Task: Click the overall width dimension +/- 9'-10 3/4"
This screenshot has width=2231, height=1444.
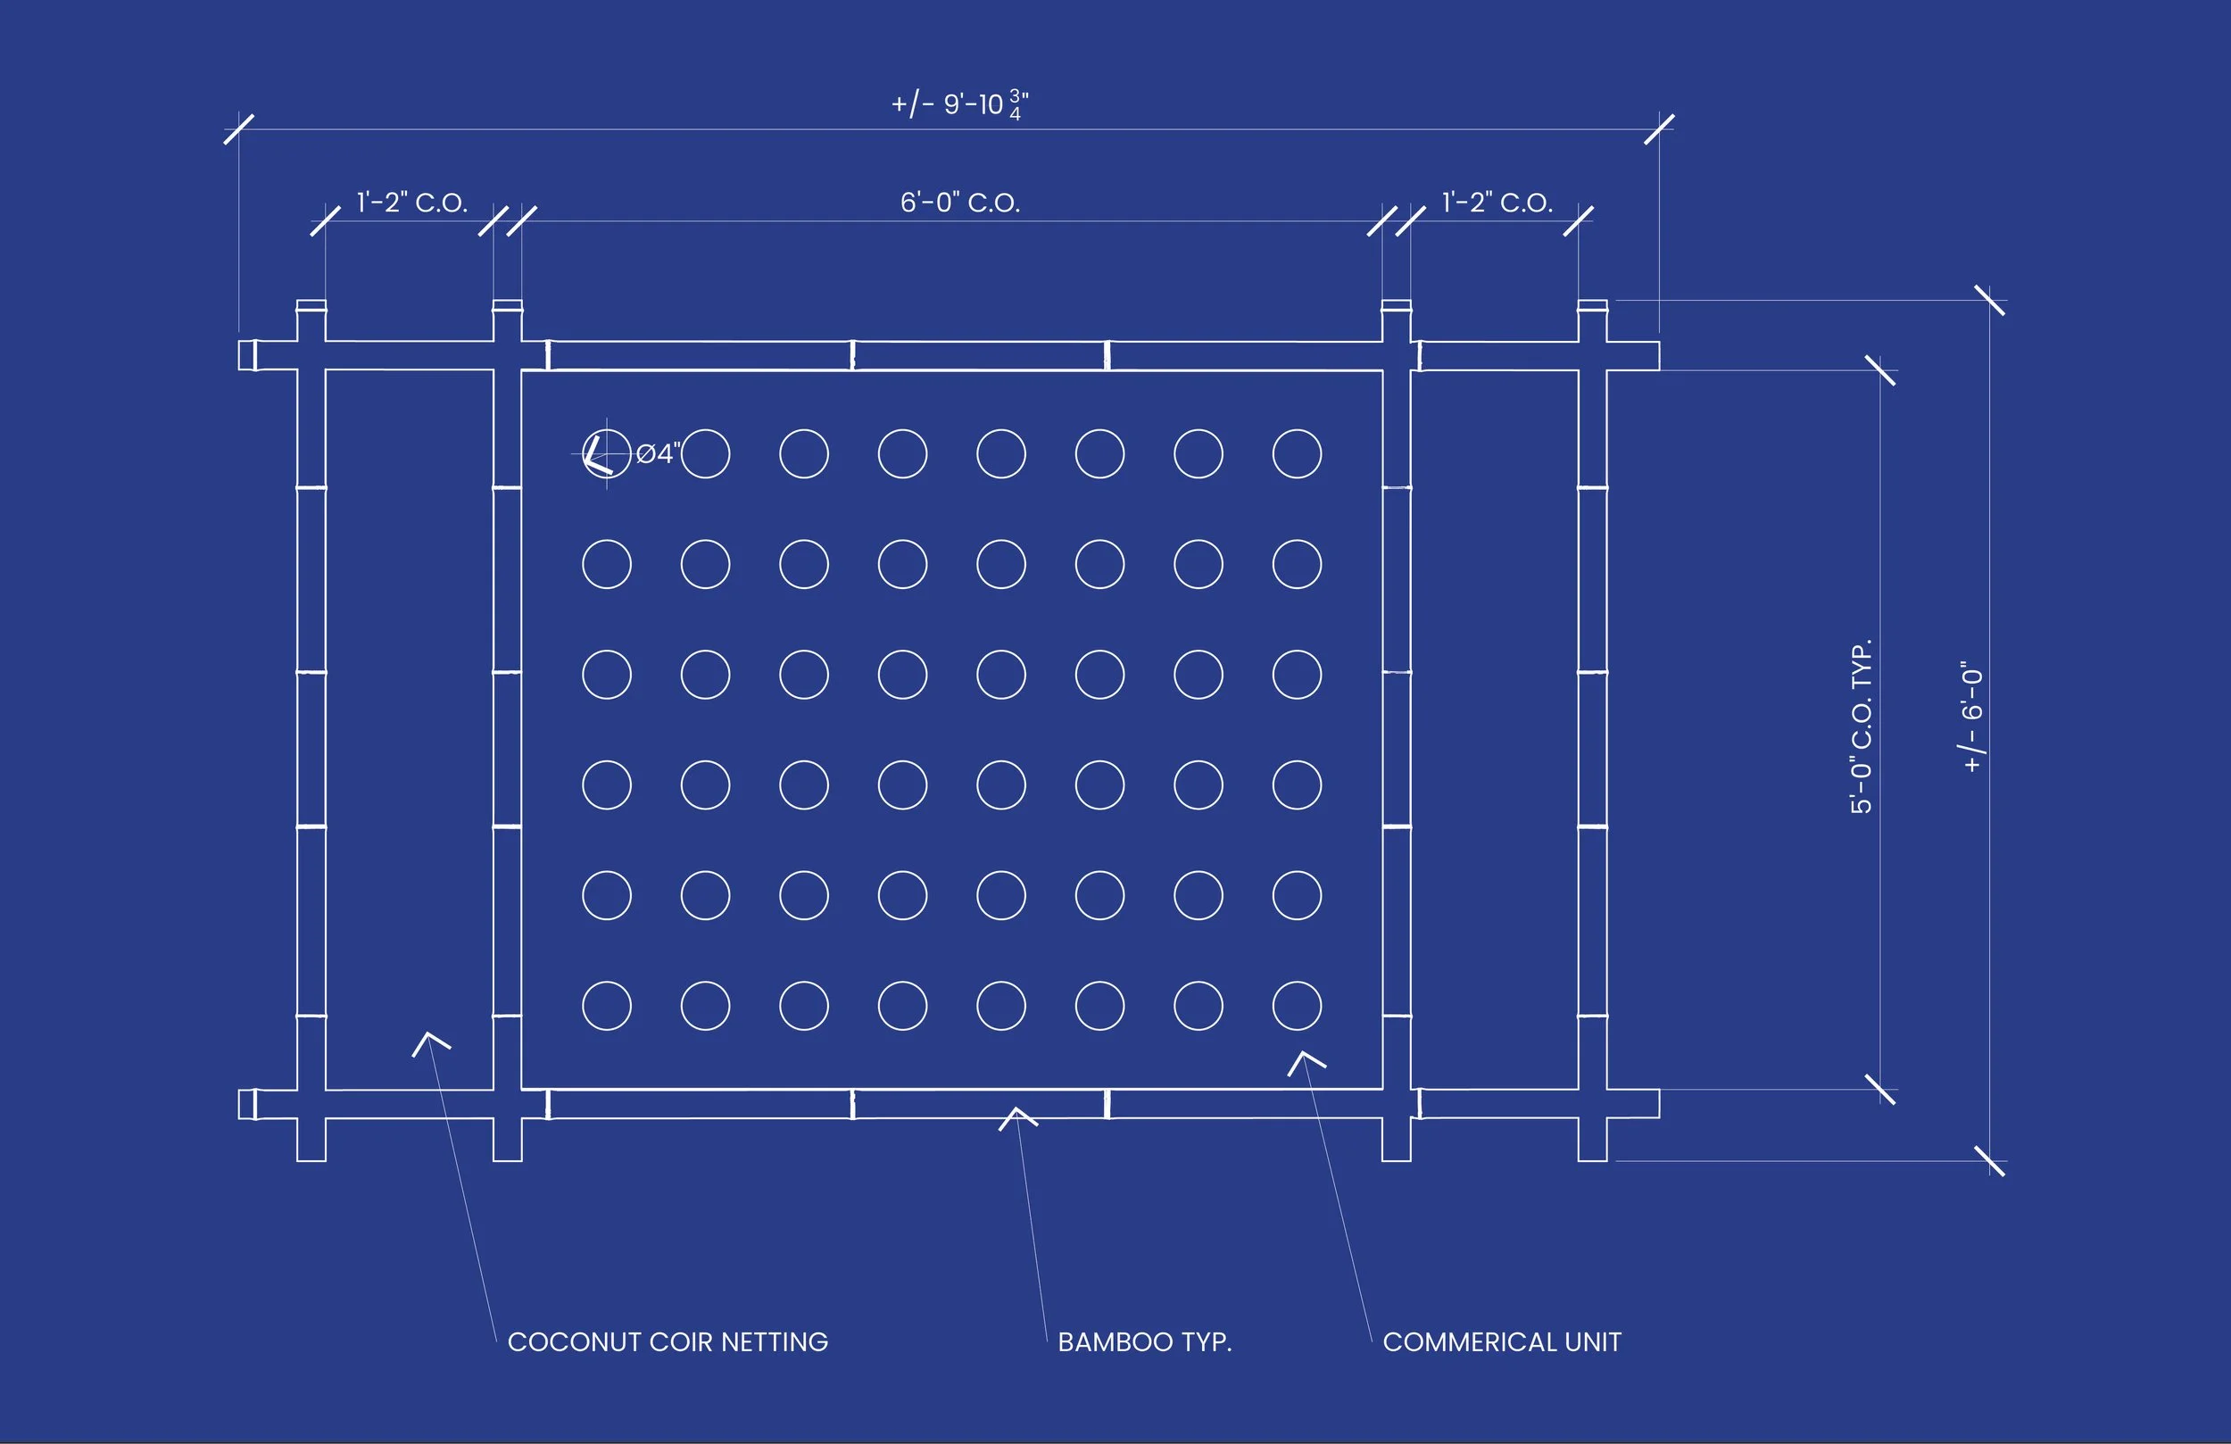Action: coord(959,104)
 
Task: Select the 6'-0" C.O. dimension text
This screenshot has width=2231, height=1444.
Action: coord(960,203)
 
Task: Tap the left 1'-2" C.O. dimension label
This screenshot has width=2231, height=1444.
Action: coord(411,203)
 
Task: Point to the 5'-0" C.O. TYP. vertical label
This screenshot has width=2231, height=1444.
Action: coord(1861,726)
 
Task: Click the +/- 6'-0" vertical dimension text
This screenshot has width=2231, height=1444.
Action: coord(1972,718)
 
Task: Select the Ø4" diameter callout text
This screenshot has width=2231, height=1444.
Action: coord(658,454)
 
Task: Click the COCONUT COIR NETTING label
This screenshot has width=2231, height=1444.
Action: coord(668,1341)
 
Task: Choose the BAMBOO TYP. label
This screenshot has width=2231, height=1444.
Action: coord(1145,1341)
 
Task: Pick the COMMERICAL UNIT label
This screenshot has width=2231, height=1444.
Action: coord(1502,1341)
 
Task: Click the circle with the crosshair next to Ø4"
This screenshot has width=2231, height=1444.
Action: coord(607,454)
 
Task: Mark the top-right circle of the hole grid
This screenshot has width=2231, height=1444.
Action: coord(1297,454)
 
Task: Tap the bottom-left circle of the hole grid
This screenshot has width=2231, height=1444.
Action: coord(607,1006)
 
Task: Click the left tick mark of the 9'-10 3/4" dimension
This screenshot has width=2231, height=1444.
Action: coord(239,129)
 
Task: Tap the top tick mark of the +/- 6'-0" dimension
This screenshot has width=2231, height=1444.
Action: coord(1989,300)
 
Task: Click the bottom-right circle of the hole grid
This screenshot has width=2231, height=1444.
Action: coord(1297,1006)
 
